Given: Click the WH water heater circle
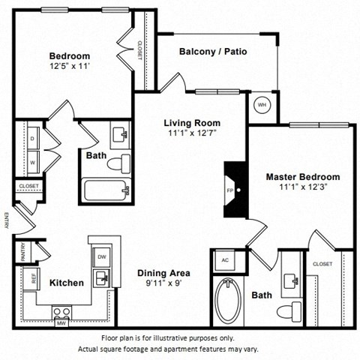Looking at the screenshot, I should pos(262,105).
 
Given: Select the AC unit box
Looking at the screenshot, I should pos(224,261).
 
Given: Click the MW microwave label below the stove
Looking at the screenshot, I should pos(60,324).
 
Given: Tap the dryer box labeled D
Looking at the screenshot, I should pos(32,139).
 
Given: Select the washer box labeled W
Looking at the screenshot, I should pos(32,161).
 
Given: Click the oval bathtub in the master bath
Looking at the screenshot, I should pos(229,301).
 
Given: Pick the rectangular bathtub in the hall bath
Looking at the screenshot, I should pos(108,189).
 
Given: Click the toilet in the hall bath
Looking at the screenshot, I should pos(118,163).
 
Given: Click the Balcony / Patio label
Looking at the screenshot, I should pos(213,52).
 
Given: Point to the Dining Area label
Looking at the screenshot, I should pos(163,273).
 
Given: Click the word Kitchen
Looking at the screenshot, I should pos(66,283).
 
